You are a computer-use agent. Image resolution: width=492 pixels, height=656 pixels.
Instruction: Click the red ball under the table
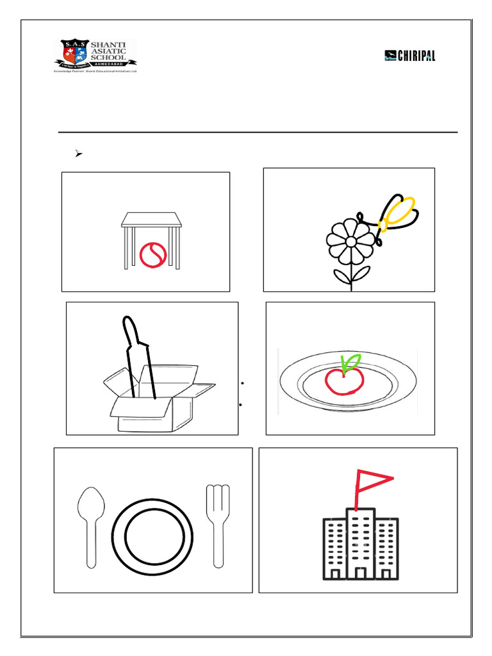point(153,254)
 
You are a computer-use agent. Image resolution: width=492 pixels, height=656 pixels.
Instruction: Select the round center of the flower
point(350,241)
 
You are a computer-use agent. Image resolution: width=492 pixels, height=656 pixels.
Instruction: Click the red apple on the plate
point(344,381)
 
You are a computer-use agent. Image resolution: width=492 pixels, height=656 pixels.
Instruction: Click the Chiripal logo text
point(416,56)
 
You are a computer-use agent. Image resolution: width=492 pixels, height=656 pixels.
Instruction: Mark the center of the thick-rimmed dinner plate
point(153,536)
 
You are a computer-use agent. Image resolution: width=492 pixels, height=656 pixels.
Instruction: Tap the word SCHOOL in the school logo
point(110,57)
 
